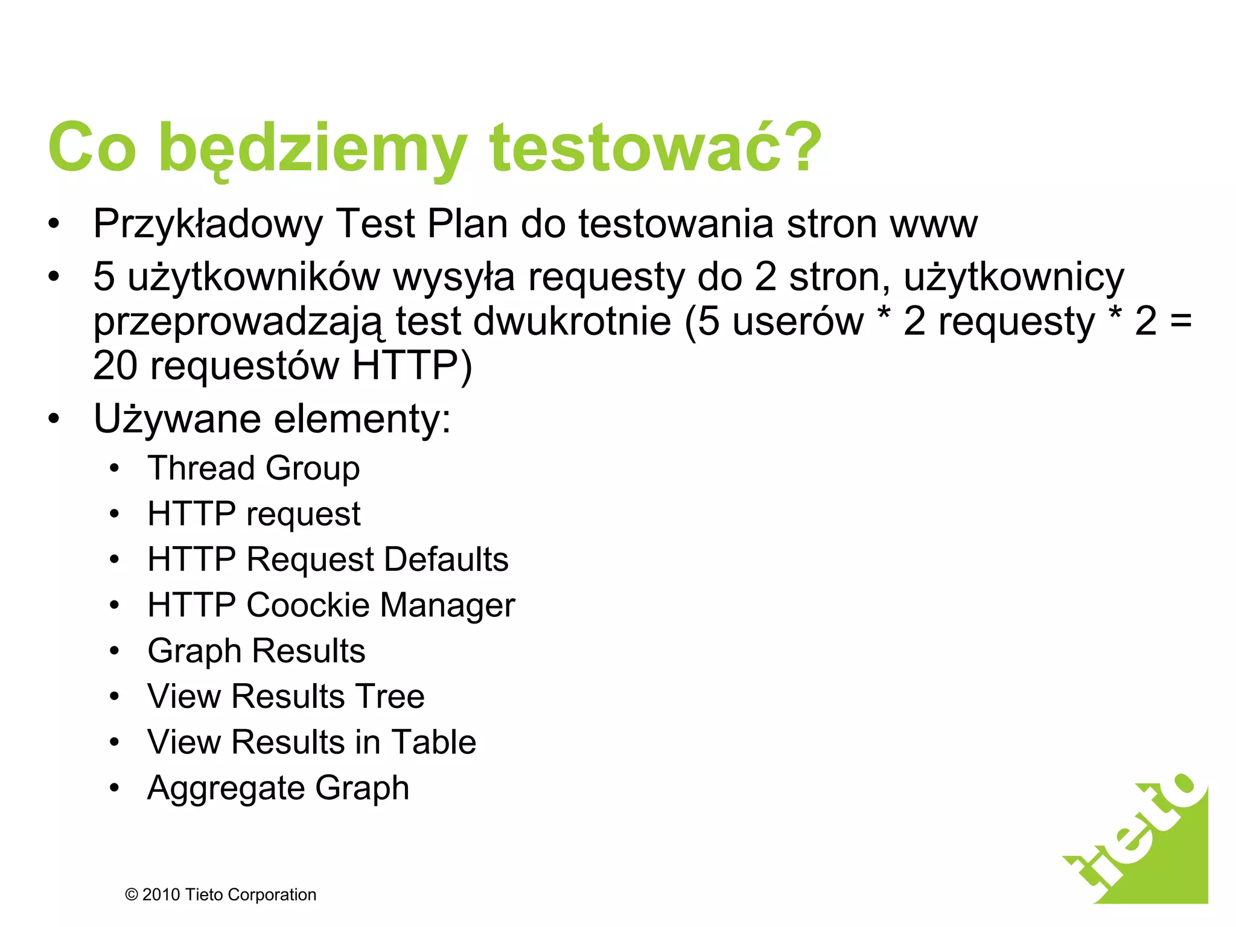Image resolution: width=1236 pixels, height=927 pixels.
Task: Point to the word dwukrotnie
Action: pos(572,321)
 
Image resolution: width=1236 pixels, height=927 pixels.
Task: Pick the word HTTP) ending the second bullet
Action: pos(412,366)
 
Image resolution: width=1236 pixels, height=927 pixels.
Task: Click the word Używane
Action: pos(177,419)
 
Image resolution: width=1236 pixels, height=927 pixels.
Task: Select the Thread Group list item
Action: pos(253,468)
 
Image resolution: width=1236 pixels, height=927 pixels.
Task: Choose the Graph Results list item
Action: pos(256,651)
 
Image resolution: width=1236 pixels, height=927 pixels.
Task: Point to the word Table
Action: pos(433,742)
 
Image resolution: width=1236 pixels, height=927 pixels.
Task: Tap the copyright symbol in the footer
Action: pos(131,895)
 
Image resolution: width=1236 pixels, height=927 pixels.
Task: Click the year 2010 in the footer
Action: pos(161,895)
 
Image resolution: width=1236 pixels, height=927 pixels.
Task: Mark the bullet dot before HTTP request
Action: pos(115,514)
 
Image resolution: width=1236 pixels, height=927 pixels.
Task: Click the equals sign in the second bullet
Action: pos(1180,321)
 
